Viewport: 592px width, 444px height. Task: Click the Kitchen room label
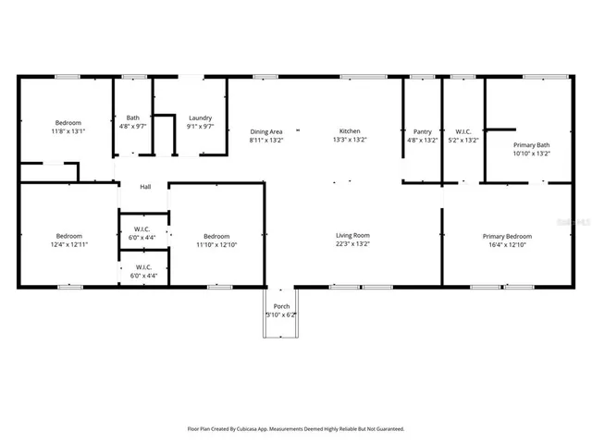click(x=350, y=131)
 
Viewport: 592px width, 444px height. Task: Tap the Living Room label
click(x=352, y=236)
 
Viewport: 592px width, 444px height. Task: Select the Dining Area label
click(x=266, y=131)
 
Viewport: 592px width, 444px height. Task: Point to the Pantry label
click(x=423, y=131)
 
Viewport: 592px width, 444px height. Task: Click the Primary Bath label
click(x=531, y=144)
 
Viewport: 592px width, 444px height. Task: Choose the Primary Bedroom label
click(x=507, y=236)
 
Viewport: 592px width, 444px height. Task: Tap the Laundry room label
click(x=200, y=118)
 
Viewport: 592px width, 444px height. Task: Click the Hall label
click(x=145, y=187)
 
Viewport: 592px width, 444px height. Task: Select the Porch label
click(x=281, y=306)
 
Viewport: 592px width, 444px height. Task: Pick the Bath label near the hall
click(x=133, y=118)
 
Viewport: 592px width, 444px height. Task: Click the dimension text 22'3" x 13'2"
click(x=352, y=245)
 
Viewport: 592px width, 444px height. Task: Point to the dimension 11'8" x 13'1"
click(x=68, y=131)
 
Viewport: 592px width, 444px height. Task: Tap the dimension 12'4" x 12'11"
click(x=68, y=245)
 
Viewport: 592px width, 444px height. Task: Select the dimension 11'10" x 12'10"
click(x=216, y=245)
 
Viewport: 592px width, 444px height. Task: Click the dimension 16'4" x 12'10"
click(x=507, y=245)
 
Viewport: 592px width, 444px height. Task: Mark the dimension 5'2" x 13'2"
click(x=463, y=141)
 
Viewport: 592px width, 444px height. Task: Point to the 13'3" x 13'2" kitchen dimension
click(x=350, y=141)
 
